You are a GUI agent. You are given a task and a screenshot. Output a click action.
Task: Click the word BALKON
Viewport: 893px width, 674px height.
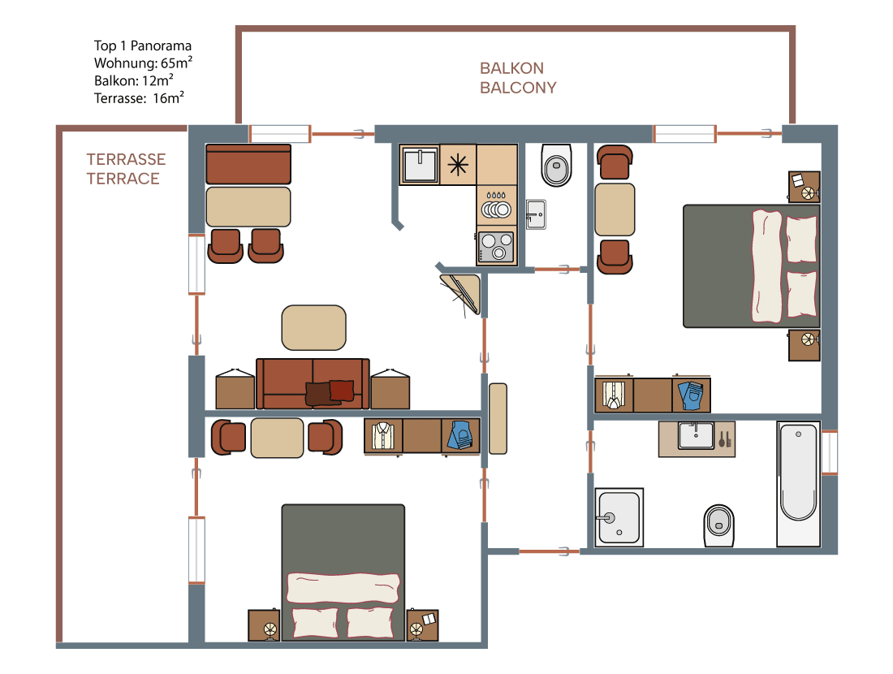point(511,68)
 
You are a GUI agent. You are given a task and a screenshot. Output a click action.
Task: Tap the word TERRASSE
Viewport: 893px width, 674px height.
point(126,159)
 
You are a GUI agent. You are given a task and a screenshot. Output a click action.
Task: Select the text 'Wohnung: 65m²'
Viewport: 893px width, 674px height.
point(143,63)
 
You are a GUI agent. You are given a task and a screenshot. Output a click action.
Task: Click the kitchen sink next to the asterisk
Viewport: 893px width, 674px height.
point(420,165)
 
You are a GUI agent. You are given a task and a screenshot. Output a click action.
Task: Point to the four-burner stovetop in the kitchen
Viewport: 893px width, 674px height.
point(496,247)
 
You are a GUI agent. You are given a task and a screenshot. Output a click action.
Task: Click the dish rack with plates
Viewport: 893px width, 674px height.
point(496,206)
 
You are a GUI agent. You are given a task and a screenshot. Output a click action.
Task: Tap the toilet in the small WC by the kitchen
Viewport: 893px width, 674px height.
point(556,165)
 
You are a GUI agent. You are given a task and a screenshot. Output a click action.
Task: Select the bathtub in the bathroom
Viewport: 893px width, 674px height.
point(798,484)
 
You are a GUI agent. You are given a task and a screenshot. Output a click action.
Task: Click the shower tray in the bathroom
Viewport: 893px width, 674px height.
point(619,517)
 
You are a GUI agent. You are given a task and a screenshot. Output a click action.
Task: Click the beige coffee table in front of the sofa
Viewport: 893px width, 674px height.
point(314,327)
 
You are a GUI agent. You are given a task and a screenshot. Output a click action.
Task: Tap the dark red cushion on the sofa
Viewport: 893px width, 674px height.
point(341,391)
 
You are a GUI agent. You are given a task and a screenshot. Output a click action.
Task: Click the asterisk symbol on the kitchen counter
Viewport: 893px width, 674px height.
point(458,165)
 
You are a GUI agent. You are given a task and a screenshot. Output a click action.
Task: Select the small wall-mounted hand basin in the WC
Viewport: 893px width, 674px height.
point(535,214)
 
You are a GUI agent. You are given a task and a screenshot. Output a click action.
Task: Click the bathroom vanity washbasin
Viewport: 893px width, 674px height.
point(696,436)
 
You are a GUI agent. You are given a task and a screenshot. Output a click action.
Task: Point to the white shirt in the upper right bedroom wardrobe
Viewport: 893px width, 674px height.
point(614,395)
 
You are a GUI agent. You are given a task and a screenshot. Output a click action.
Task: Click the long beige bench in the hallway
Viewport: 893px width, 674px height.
point(498,419)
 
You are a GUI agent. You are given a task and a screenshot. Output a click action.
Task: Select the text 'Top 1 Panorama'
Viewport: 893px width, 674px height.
point(142,45)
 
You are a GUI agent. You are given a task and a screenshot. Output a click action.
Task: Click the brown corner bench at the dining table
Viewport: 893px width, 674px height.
point(248,164)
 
